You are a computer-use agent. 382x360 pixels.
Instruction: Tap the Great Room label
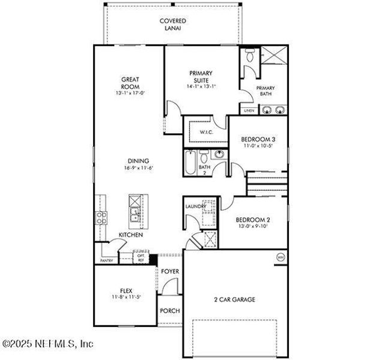(130, 82)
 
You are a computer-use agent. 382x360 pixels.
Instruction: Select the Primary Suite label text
(201, 77)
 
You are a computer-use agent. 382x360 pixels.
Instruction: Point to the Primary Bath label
(265, 91)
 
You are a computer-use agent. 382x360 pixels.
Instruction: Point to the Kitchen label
(130, 235)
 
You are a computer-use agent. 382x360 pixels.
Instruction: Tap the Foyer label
(171, 272)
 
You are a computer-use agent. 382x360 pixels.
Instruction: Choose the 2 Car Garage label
(235, 299)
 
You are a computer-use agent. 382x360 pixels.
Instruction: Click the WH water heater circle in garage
(279, 257)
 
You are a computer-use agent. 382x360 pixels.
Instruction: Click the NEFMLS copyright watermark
(48, 344)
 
